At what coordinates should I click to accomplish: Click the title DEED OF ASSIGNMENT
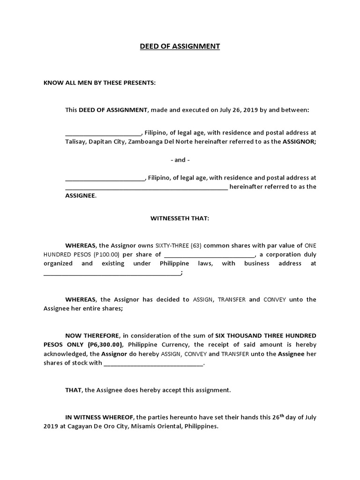(180, 46)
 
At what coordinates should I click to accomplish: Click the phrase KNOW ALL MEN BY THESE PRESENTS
(99, 83)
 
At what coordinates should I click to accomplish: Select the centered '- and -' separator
(180, 160)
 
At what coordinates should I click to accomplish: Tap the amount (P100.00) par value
(107, 255)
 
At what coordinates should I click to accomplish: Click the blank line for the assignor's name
(103, 133)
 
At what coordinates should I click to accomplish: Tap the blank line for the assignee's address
(146, 187)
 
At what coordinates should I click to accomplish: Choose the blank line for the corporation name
(209, 255)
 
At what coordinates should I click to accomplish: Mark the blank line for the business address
(112, 273)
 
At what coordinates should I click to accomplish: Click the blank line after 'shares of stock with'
(154, 363)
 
